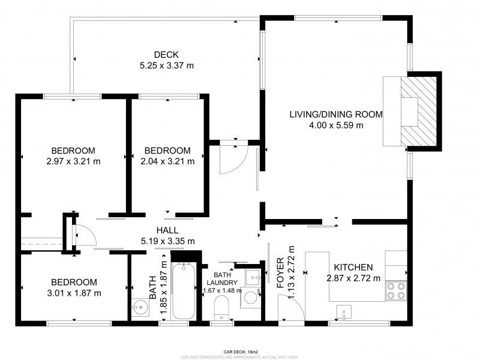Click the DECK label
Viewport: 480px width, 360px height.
tap(166, 54)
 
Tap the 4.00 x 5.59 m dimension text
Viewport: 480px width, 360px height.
tap(336, 125)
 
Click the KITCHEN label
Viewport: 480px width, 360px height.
tap(353, 267)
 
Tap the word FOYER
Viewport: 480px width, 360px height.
tap(280, 275)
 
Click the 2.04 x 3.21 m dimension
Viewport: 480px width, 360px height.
tap(167, 161)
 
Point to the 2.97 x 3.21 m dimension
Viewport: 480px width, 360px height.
tap(73, 161)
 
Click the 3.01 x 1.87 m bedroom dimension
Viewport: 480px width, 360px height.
tap(74, 293)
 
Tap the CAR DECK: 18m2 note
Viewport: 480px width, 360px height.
tap(240, 352)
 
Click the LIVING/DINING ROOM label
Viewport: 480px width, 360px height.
tap(336, 115)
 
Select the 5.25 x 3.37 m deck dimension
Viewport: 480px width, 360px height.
tap(166, 65)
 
